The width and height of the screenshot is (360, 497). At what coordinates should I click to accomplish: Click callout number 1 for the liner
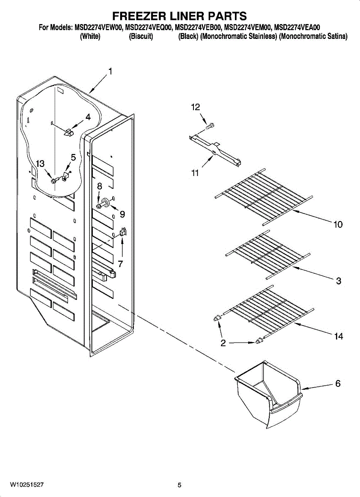110,71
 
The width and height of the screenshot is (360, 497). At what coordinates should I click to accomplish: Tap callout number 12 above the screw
195,107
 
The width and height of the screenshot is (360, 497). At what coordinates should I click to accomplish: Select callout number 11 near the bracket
195,173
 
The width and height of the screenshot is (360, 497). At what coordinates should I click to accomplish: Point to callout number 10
338,224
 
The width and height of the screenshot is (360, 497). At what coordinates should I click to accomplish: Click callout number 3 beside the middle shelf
338,281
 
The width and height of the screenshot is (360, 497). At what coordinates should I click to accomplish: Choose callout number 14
338,337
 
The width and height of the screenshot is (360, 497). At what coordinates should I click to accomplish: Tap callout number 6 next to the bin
338,384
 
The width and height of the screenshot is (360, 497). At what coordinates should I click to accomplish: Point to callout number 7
121,264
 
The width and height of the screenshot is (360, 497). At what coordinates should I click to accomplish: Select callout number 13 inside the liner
40,164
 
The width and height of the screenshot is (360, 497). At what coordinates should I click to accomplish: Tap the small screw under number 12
210,125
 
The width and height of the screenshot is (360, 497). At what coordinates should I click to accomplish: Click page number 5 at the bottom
179,485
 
